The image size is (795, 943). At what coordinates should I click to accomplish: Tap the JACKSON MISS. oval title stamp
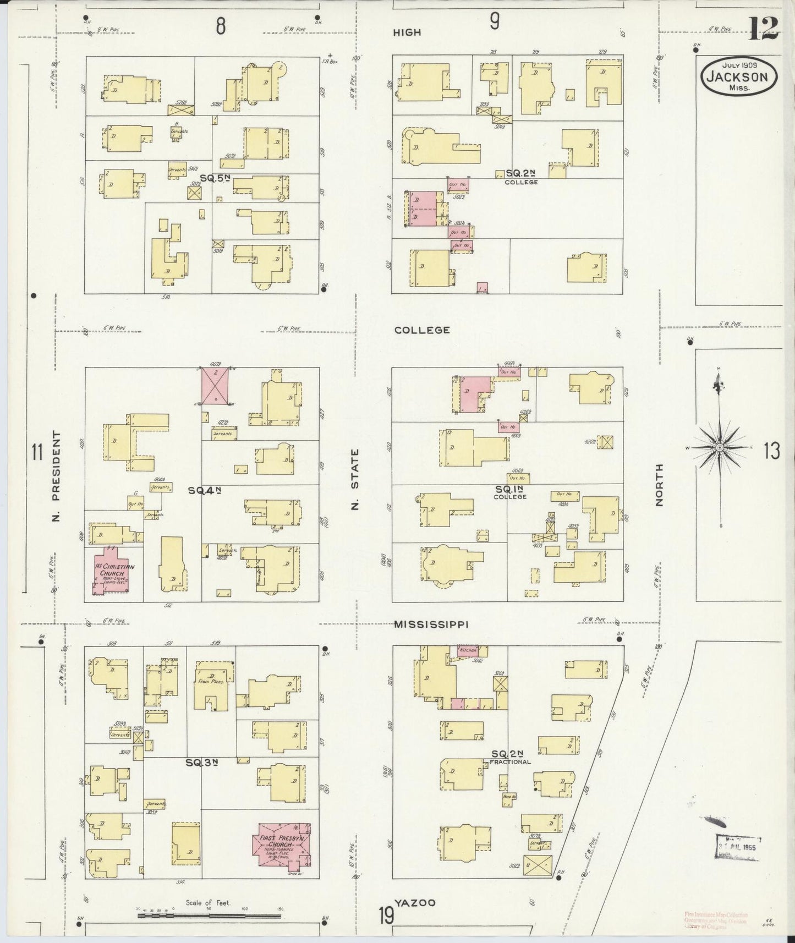(739, 78)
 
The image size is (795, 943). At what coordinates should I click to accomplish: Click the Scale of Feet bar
(210, 915)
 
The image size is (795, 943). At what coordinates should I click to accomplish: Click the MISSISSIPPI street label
(431, 624)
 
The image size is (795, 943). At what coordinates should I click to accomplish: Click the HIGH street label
(407, 32)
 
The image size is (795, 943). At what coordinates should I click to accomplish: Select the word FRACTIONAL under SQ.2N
(510, 762)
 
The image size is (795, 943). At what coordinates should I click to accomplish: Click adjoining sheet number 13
(772, 452)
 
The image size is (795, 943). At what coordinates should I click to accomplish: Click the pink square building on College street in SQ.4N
(215, 386)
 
